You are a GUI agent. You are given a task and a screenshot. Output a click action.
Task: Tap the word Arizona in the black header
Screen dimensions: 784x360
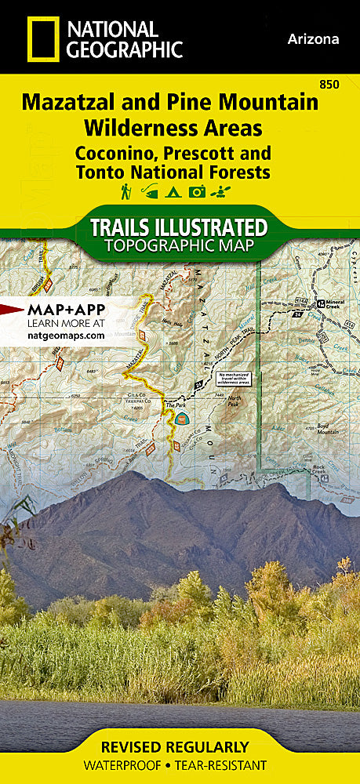[314, 39]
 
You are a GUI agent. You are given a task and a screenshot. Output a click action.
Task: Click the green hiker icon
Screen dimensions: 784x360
[125, 191]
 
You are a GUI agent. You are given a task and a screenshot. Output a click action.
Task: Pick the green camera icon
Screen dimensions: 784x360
[198, 191]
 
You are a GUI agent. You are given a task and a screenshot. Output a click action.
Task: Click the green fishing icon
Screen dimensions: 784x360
[150, 191]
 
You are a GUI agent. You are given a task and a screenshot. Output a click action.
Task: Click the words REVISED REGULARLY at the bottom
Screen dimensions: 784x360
[180, 746]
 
